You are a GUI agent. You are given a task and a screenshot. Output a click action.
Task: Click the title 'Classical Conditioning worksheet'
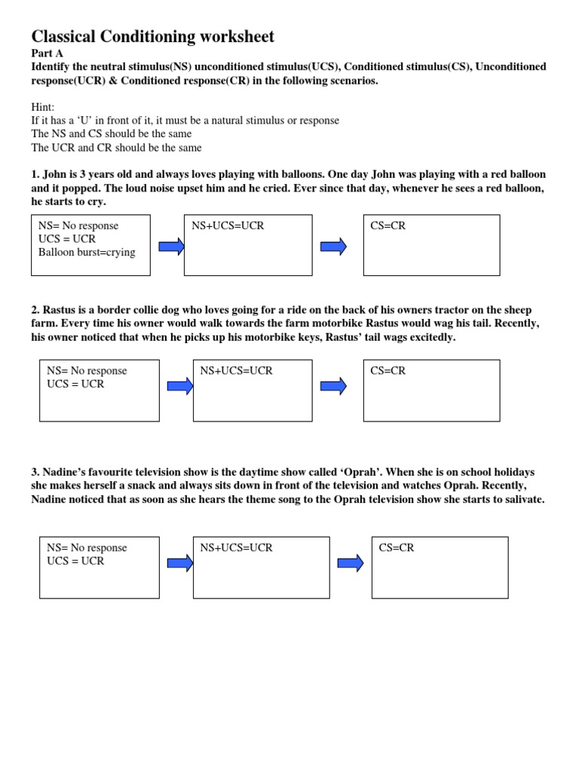coord(152,36)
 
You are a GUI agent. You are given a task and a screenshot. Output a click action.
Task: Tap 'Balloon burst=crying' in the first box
coord(87,253)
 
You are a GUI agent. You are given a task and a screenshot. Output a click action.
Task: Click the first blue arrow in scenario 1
coord(171,246)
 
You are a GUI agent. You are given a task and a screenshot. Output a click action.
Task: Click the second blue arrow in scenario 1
coord(333,246)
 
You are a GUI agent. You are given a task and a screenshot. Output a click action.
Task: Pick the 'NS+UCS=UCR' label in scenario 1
coord(228,226)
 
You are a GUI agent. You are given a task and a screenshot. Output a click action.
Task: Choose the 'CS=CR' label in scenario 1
coord(388,226)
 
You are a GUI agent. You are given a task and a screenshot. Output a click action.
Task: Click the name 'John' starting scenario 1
coord(55,174)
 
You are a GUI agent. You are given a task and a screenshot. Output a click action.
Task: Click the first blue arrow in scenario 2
coord(180,386)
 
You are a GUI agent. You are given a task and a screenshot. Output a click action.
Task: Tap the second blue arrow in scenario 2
coord(333,386)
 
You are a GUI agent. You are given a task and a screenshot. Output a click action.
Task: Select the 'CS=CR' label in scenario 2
coord(388,371)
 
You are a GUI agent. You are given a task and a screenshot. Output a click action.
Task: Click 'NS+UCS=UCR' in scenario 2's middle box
coord(237,371)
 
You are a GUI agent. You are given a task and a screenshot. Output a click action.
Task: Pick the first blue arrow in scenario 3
coord(180,563)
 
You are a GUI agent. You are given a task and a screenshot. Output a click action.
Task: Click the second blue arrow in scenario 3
coord(350,563)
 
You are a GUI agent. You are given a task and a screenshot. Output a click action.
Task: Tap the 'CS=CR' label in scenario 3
coord(397,548)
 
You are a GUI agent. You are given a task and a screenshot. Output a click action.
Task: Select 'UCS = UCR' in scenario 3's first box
coord(75,561)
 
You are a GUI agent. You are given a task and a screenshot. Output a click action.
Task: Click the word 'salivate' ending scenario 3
coord(520,500)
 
